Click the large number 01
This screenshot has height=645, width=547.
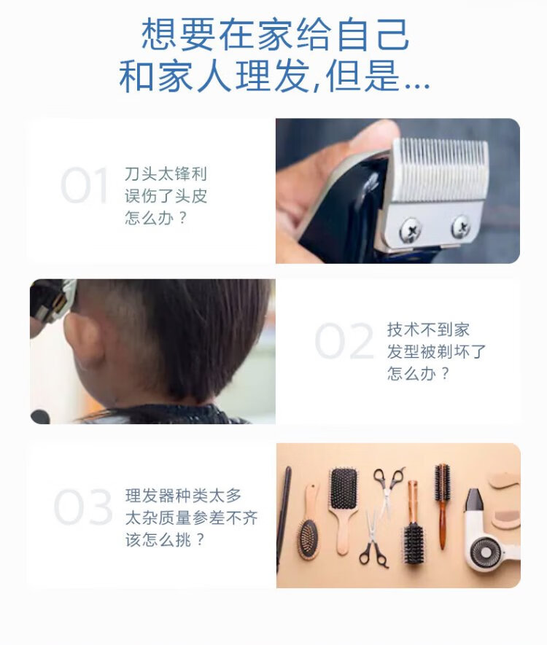tap(85, 186)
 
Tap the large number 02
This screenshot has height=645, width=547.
tap(344, 341)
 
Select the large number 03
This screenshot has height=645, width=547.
tap(83, 507)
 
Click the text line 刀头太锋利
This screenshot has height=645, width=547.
tap(166, 174)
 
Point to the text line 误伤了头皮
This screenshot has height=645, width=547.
tap(166, 196)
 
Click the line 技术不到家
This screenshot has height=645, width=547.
tap(428, 329)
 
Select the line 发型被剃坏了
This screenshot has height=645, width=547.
tap(436, 352)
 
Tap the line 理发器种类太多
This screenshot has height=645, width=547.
tap(183, 496)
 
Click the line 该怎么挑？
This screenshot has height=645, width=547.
tap(165, 540)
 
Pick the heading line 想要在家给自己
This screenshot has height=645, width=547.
tap(275, 34)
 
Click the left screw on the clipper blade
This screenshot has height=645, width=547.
tap(410, 230)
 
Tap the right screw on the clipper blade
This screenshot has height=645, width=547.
tap(461, 227)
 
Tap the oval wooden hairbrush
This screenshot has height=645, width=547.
tap(309, 523)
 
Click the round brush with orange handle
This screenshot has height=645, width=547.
tap(443, 506)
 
